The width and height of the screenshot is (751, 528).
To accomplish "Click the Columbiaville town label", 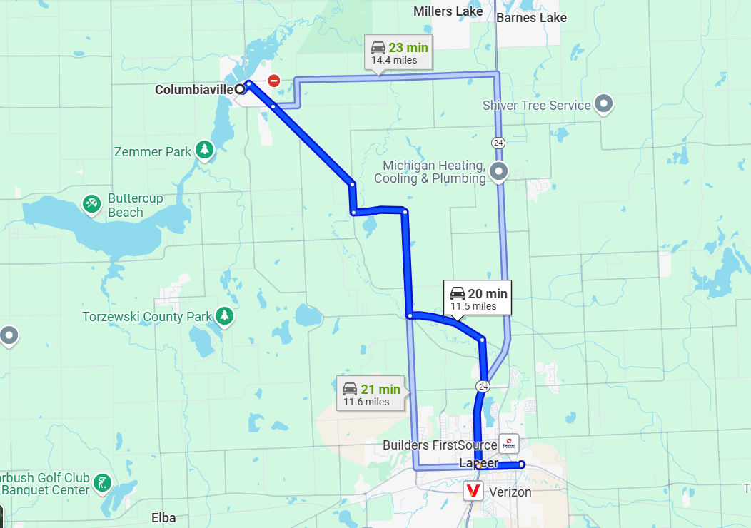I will tap(194, 90).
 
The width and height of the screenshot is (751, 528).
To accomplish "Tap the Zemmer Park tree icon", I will tap(205, 150).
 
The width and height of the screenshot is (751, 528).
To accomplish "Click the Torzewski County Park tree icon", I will tap(225, 315).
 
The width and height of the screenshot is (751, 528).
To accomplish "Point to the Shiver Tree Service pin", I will tap(604, 104).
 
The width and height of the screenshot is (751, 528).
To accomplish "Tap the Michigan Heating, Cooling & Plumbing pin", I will tap(499, 171).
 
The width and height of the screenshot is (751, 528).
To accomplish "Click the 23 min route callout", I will tap(399, 53).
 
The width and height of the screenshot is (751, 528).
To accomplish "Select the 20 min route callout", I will tap(478, 298).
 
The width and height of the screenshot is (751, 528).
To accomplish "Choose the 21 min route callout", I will tap(371, 394).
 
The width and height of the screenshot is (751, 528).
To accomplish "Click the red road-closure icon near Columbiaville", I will tap(273, 80).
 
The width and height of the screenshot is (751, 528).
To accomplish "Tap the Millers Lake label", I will tap(448, 11).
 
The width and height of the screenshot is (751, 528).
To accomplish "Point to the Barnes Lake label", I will tap(531, 18).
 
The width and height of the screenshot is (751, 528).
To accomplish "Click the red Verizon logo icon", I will tap(473, 491).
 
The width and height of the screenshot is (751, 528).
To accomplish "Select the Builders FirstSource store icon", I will tap(509, 443).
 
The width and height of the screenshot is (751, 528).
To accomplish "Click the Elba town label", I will tap(164, 518).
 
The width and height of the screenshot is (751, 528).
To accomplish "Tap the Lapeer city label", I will tap(478, 463).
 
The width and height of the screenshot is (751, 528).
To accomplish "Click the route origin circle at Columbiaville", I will tap(240, 89).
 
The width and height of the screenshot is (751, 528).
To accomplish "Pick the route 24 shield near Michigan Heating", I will tap(497, 143).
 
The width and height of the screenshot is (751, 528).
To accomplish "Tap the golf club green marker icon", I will tap(104, 482).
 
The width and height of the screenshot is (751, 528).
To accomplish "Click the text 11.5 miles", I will tap(473, 306).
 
